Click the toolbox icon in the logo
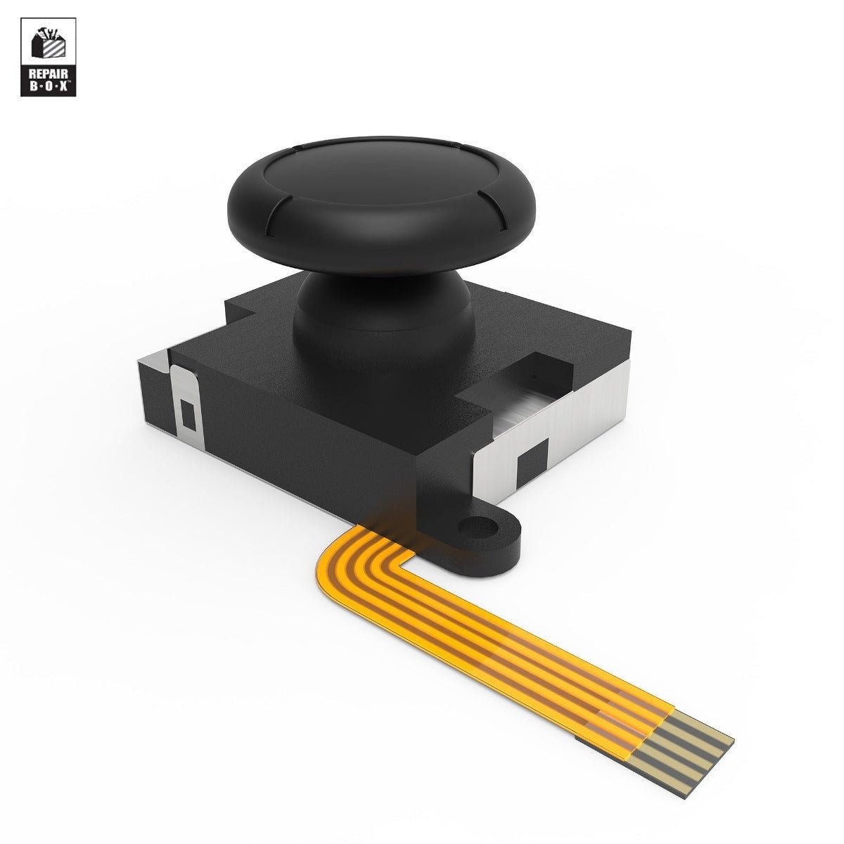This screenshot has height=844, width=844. tap(47, 46)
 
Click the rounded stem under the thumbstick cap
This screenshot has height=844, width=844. tap(380, 309)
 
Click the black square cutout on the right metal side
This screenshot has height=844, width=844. tap(532, 463)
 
